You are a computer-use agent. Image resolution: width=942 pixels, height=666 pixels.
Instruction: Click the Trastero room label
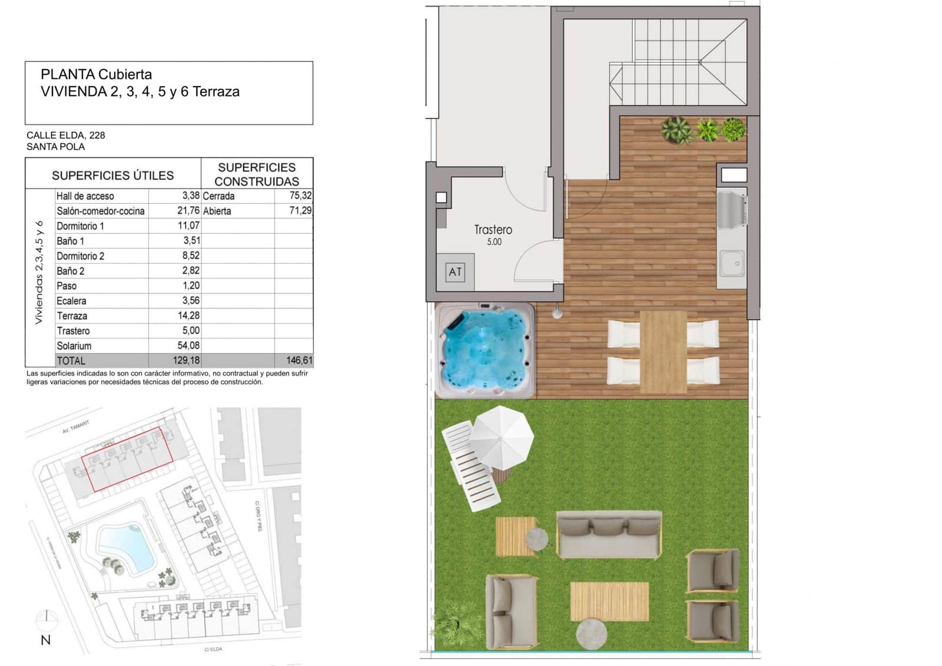click(493, 230)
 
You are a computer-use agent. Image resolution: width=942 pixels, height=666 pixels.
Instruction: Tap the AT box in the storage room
click(455, 271)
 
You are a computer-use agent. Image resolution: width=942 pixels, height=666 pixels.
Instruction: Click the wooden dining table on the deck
click(663, 352)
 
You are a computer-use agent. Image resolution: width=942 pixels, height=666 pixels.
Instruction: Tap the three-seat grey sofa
click(609, 535)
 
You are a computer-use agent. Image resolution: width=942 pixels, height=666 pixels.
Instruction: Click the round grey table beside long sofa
click(537, 538)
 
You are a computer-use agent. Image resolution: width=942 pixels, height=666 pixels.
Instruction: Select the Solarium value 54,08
click(188, 346)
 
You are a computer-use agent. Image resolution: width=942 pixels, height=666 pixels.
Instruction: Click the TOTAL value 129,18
click(186, 360)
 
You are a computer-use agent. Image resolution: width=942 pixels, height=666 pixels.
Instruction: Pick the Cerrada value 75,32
click(300, 196)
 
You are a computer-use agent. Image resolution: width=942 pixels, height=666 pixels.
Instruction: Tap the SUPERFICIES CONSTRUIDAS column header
click(257, 174)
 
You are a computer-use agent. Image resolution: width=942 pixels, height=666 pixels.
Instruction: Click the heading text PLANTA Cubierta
click(96, 75)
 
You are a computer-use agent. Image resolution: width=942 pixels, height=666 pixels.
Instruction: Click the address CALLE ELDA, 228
click(65, 135)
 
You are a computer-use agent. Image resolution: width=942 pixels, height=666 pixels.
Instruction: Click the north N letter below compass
click(45, 640)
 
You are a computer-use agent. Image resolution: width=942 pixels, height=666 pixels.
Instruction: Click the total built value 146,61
click(299, 360)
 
